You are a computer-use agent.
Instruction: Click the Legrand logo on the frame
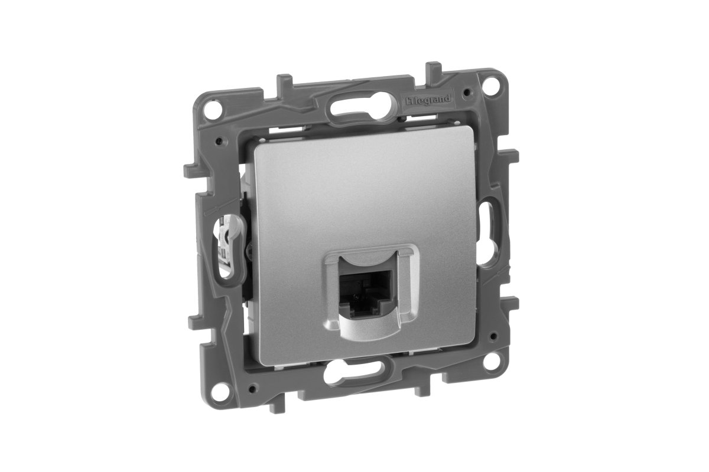point(427,100)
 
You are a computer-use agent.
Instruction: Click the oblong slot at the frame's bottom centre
point(354,377)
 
